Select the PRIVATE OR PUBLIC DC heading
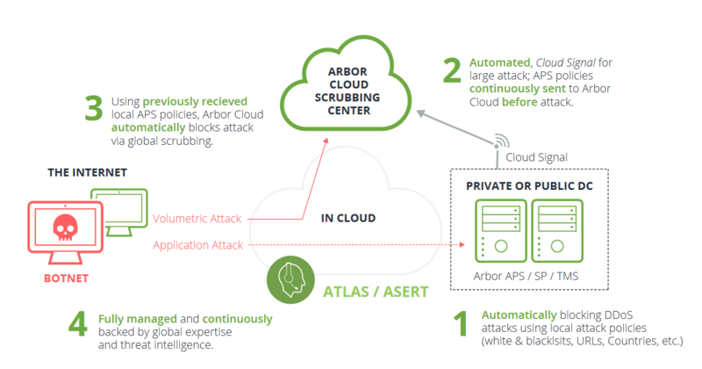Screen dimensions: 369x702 point(526,185)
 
